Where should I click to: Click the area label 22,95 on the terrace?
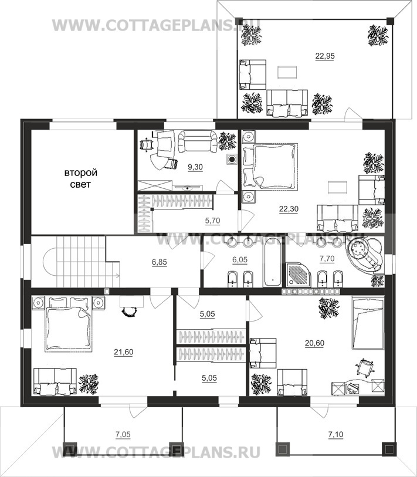(x=325, y=56)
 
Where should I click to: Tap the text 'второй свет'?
(x=80, y=178)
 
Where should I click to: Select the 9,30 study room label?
(x=195, y=167)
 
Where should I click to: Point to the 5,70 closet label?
(x=213, y=221)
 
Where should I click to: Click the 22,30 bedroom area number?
(x=289, y=209)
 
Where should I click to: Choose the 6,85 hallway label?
(x=160, y=262)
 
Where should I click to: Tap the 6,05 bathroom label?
(x=240, y=259)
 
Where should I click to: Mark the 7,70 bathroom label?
(x=327, y=259)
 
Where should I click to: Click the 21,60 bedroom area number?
(x=124, y=352)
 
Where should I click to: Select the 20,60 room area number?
(x=314, y=343)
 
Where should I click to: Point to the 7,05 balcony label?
(x=123, y=435)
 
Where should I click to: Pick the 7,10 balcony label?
(x=335, y=435)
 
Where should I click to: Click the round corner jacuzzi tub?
(x=364, y=255)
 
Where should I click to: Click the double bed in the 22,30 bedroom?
(x=269, y=167)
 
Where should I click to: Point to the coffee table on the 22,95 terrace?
(x=287, y=72)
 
